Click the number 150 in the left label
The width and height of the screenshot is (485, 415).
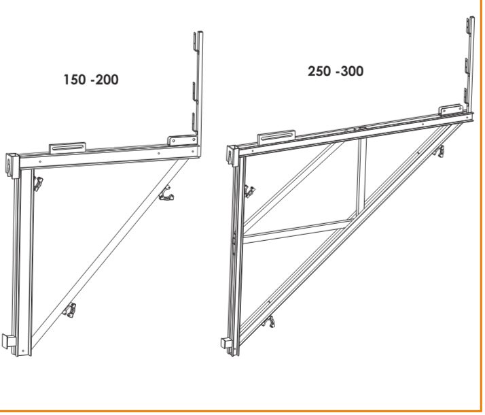[74, 80]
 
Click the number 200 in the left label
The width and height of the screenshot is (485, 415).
[107, 80]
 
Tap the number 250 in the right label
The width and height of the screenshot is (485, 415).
[319, 71]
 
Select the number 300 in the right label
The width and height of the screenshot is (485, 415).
[353, 71]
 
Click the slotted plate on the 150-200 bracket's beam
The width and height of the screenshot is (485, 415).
[67, 148]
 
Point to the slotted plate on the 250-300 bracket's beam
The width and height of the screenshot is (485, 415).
[276, 137]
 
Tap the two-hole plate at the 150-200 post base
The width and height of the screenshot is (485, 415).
[182, 140]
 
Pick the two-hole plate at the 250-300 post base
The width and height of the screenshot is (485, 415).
[451, 110]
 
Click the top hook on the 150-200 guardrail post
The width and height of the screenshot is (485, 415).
[196, 41]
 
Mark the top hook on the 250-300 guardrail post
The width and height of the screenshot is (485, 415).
[468, 26]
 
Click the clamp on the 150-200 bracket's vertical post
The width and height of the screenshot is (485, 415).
[38, 184]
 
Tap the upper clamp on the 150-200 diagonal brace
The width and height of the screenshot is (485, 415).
[166, 193]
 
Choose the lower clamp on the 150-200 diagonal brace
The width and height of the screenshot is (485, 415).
[69, 310]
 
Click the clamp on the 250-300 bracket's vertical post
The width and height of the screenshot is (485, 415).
[249, 191]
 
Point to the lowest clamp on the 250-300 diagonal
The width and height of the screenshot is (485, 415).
[268, 322]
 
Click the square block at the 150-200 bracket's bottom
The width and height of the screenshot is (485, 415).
[7, 342]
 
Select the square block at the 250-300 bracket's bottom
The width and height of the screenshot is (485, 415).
[226, 343]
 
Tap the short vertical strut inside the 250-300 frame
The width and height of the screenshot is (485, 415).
[361, 176]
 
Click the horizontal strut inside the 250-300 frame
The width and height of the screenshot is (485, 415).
[298, 231]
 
